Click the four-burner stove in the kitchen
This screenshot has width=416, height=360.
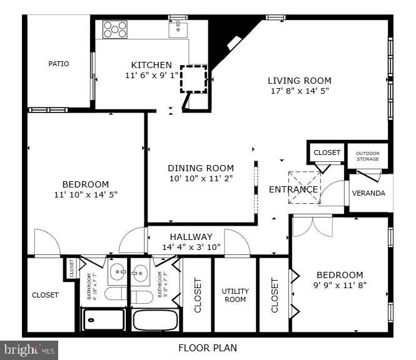[x=115, y=29]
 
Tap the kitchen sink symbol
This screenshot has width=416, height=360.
[x=178, y=29]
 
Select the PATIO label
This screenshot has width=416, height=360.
[x=59, y=64]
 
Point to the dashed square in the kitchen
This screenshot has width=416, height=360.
[x=194, y=79]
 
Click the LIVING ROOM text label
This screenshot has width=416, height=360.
[x=300, y=81]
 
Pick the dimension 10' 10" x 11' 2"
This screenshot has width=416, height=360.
[x=201, y=178]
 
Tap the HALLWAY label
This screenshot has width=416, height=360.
[x=191, y=237]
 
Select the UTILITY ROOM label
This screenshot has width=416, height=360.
[x=235, y=295]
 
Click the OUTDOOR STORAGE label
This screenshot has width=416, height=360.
[x=368, y=156]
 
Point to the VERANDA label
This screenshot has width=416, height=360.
[x=368, y=193]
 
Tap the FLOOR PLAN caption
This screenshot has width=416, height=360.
[x=208, y=348]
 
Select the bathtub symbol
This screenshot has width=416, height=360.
[x=156, y=319]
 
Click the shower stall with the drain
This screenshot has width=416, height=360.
[x=104, y=319]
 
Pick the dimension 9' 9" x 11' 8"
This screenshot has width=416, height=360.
[x=340, y=285]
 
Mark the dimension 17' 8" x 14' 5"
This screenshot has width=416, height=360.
[x=300, y=91]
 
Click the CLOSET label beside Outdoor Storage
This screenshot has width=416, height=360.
[x=327, y=152]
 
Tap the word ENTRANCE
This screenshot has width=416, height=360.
[x=293, y=189]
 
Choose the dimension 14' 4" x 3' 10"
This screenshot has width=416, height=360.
[x=191, y=247]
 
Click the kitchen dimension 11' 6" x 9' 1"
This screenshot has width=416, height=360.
[x=151, y=75]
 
